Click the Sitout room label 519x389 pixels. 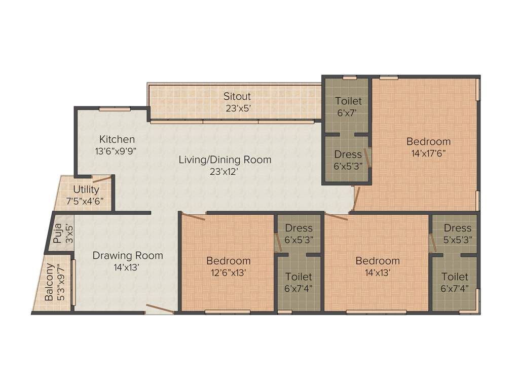click(237, 96)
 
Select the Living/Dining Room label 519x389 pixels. click(225, 160)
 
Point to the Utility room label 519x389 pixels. click(86, 189)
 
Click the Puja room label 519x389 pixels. click(57, 233)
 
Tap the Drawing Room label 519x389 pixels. click(128, 255)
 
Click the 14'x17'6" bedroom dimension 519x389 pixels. click(428, 152)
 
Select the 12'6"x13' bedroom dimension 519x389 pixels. click(228, 273)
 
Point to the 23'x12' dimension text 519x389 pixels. click(225, 172)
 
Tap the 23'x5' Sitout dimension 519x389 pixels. click(237, 107)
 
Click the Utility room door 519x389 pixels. click(101, 179)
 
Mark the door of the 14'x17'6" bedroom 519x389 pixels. click(357, 198)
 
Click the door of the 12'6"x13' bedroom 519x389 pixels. click(193, 217)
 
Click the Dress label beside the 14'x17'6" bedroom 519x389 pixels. click(349, 154)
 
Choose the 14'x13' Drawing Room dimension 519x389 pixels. click(128, 267)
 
